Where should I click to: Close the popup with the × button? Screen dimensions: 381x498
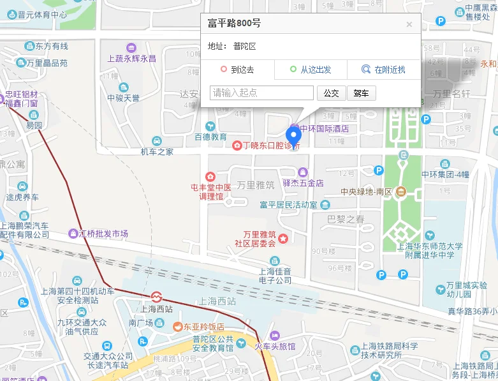tap(409, 25)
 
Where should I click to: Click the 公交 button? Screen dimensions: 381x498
tap(331, 93)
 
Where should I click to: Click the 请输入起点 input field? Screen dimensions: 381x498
tap(262, 93)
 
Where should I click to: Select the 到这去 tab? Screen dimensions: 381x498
tap(237, 70)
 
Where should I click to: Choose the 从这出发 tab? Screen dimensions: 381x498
tap(311, 70)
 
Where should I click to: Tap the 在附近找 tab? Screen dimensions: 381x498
tap(384, 70)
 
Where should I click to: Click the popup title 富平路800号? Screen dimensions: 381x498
tap(234, 24)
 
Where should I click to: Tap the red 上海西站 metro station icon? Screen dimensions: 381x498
tap(156, 297)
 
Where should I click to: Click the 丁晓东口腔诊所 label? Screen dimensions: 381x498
tap(270, 146)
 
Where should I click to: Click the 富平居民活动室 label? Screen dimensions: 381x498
tap(288, 205)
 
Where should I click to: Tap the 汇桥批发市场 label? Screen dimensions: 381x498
tap(103, 234)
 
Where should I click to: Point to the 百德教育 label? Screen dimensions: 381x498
tap(210, 137)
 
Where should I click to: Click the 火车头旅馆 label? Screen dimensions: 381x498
tap(275, 347)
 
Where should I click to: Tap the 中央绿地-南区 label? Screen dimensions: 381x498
tap(367, 191)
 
